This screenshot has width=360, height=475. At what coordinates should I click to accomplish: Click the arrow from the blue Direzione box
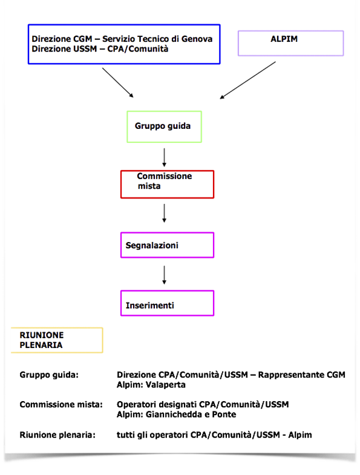point(117,82)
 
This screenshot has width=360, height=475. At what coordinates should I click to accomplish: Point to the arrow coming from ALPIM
point(248,80)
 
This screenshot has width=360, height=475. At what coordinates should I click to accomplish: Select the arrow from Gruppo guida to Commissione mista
point(164,157)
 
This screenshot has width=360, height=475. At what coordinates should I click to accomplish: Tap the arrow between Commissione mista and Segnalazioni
point(164,213)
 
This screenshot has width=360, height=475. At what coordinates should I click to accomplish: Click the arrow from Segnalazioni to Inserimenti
point(164,275)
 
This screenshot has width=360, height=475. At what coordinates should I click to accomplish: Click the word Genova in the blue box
point(197,39)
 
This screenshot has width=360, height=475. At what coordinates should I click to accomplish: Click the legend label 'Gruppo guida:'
point(49,375)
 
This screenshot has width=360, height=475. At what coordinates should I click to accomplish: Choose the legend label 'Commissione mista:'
point(61,404)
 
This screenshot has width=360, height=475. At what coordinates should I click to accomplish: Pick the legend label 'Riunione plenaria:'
point(57,435)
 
